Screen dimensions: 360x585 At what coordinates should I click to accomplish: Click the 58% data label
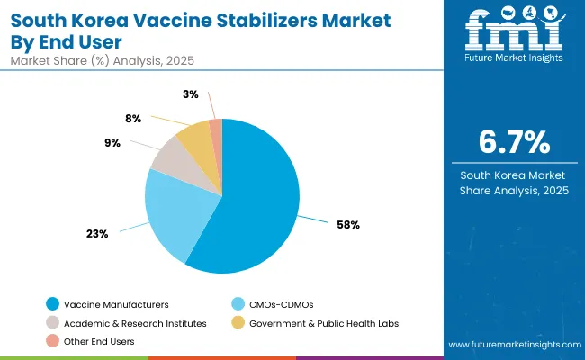pos(348,224)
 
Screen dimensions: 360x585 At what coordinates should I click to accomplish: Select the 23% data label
pos(97,233)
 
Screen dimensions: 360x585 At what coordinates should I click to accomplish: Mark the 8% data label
pos(131,117)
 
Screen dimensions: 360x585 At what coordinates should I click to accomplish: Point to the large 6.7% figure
pos(512,142)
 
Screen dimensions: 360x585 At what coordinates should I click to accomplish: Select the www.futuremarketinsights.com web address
pos(511,345)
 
